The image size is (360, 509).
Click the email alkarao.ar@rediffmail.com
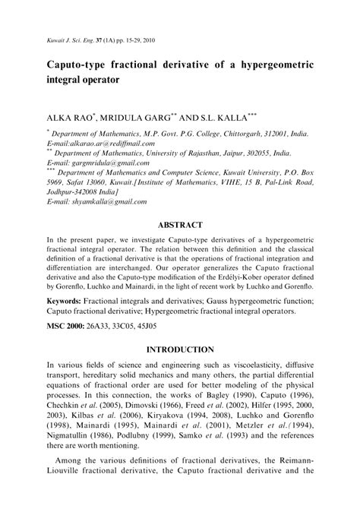tap(90, 142)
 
